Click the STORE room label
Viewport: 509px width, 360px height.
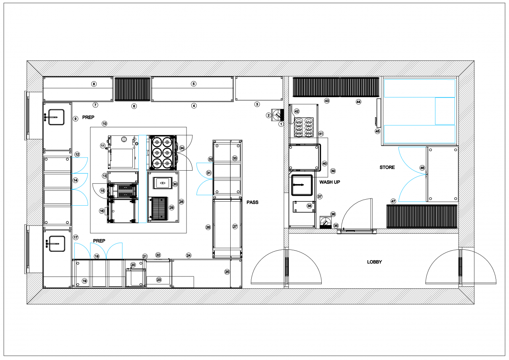pyautogui.click(x=387, y=167)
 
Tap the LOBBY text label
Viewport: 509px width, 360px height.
pyautogui.click(x=374, y=262)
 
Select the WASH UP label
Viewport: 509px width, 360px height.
pyautogui.click(x=330, y=182)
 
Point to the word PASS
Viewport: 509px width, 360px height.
pyautogui.click(x=252, y=202)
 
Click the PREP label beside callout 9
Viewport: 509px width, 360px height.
pyautogui.click(x=88, y=118)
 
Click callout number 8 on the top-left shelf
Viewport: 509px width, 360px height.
pyautogui.click(x=94, y=84)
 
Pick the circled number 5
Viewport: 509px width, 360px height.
pyautogui.click(x=194, y=84)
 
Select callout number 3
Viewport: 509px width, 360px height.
pyautogui.click(x=257, y=104)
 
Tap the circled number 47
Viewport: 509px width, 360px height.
pyautogui.click(x=393, y=201)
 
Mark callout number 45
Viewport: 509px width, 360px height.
pyautogui.click(x=377, y=131)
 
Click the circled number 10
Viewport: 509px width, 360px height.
pyautogui.click(x=104, y=124)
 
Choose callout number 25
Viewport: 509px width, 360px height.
pyautogui.click(x=227, y=272)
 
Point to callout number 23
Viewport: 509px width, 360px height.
pyautogui.click(x=159, y=280)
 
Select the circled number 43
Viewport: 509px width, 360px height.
pyautogui.click(x=327, y=101)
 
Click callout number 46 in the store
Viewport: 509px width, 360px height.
pyautogui.click(x=422, y=168)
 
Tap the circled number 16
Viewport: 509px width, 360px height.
pyautogui.click(x=102, y=211)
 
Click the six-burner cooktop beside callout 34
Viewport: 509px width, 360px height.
pyautogui.click(x=162, y=153)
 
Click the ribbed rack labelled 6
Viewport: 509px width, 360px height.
pyautogui.click(x=132, y=90)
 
